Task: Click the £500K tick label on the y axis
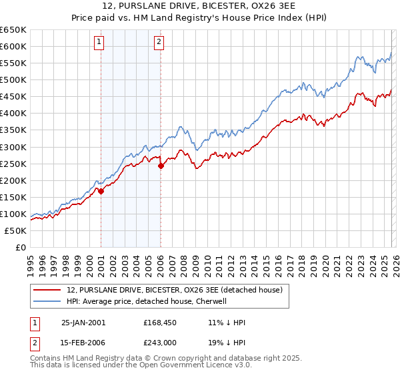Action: click(x=13, y=79)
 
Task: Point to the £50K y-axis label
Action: click(x=15, y=230)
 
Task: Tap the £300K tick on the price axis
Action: click(x=13, y=147)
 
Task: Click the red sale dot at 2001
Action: click(x=101, y=191)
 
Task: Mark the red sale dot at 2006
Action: click(x=161, y=166)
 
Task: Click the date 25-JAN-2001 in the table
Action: click(x=83, y=322)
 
